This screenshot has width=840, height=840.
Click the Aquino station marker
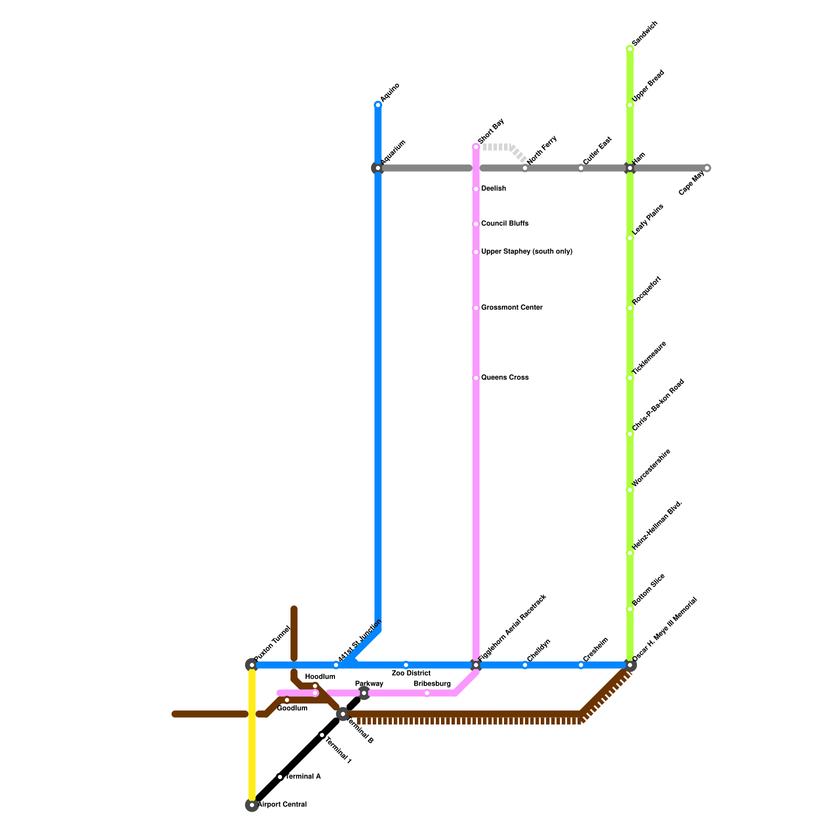(378, 105)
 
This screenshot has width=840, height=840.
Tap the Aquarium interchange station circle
(377, 168)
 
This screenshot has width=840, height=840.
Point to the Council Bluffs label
(505, 224)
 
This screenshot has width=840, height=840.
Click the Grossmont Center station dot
(476, 308)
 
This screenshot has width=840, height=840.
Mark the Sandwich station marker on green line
(629, 49)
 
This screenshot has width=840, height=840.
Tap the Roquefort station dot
(629, 308)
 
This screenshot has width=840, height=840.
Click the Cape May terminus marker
(707, 168)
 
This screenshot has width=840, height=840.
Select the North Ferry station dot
(525, 168)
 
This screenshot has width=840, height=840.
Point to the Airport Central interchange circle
(252, 805)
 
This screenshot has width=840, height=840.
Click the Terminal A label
(303, 776)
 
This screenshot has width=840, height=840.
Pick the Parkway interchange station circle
(364, 693)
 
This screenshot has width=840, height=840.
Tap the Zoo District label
(411, 673)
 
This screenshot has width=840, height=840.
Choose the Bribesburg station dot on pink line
(427, 694)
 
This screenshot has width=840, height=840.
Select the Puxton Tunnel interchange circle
(251, 665)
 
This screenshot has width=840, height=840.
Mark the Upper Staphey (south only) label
(527, 252)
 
